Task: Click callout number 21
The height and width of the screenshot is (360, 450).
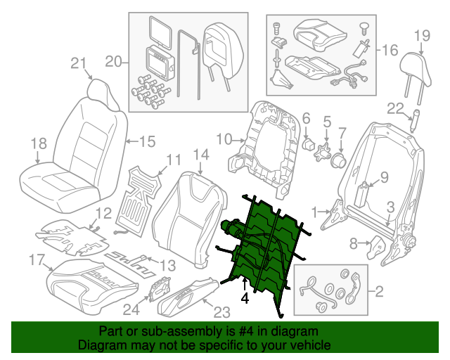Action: (x=77, y=63)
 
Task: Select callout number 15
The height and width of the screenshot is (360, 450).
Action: (x=146, y=141)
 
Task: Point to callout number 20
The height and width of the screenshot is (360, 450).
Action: (x=113, y=63)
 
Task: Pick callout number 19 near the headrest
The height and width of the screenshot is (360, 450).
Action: (x=420, y=36)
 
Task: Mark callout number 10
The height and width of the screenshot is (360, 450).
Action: (x=223, y=139)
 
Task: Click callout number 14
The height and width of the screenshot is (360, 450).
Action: (x=200, y=155)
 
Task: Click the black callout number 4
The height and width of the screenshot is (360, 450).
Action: (x=245, y=298)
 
